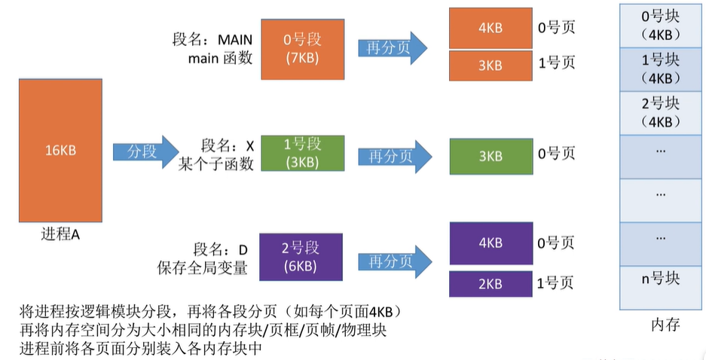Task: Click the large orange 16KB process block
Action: coord(61,150)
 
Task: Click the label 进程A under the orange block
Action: coord(60,234)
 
